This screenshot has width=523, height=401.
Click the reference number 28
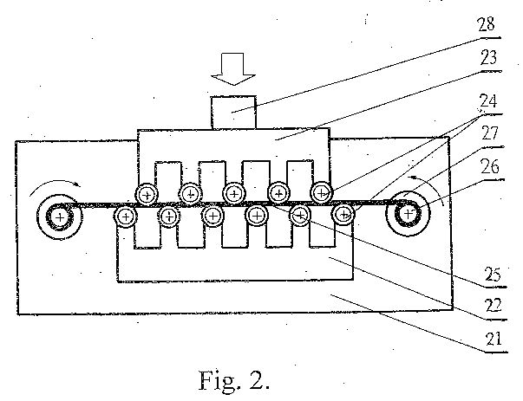click(487, 24)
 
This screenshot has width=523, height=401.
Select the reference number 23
click(488, 58)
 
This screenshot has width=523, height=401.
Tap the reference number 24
click(488, 101)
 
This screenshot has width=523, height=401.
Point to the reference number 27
click(490, 133)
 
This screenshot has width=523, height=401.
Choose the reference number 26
click(490, 166)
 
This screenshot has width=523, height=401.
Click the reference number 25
click(493, 274)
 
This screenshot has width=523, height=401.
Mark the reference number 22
click(494, 306)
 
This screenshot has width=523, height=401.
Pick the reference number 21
click(494, 339)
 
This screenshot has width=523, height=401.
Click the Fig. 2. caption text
click(234, 380)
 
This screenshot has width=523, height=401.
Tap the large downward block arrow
click(233, 68)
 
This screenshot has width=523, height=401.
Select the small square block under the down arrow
click(233, 113)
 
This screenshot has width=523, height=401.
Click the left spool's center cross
click(60, 217)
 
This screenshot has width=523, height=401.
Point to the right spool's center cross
click(408, 213)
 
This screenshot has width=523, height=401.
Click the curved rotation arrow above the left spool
click(55, 184)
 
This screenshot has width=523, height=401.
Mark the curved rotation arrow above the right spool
click(428, 184)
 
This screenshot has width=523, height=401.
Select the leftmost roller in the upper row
click(147, 194)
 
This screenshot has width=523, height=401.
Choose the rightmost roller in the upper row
click(322, 193)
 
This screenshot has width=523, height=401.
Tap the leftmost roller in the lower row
click(126, 217)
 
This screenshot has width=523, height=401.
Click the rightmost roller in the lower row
click(343, 215)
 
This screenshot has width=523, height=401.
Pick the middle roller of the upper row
click(234, 193)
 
